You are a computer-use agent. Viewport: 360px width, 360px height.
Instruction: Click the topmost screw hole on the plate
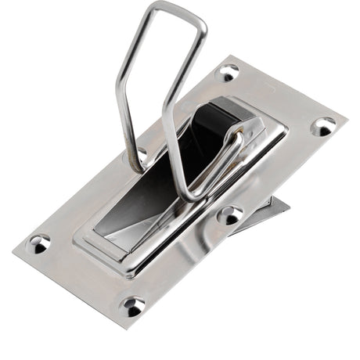(x=228, y=73)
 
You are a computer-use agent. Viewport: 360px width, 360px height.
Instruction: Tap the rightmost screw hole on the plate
(x=323, y=125)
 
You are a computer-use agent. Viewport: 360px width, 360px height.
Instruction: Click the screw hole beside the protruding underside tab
(x=229, y=214)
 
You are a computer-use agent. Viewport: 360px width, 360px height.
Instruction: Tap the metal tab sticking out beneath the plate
(x=270, y=210)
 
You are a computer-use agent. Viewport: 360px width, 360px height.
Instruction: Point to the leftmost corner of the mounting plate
(x=13, y=253)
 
